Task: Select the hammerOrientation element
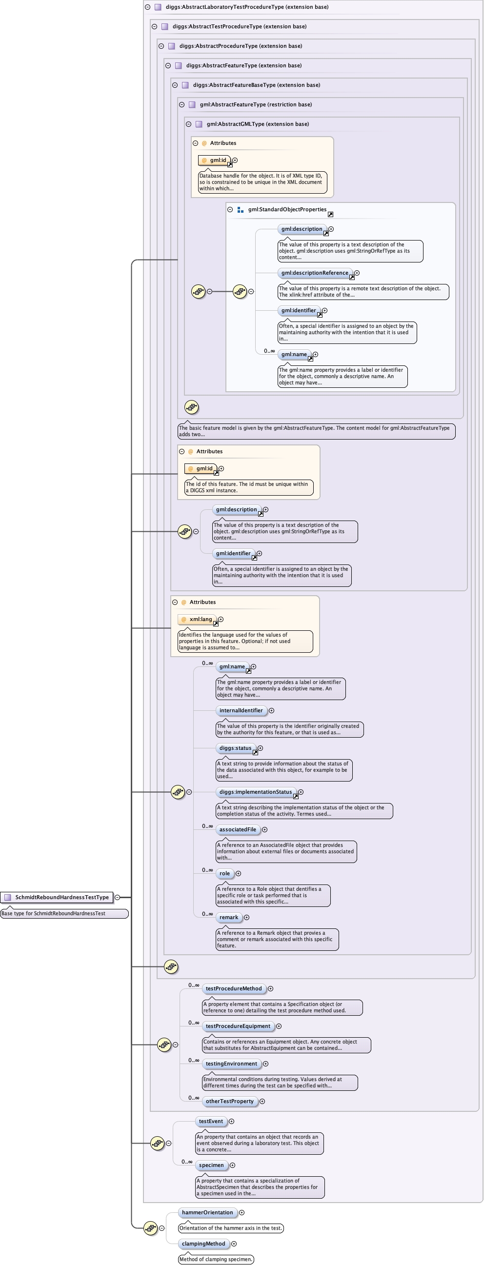pyautogui.click(x=207, y=1212)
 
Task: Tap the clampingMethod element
pyautogui.click(x=203, y=1244)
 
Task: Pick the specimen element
pyautogui.click(x=211, y=1165)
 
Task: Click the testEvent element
pyautogui.click(x=211, y=1121)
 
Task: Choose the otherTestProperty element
pyautogui.click(x=229, y=1101)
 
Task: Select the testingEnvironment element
pyautogui.click(x=231, y=1064)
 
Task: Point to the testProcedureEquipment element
pyautogui.click(x=238, y=1025)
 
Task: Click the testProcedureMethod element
pyautogui.click(x=233, y=988)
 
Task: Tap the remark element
pyautogui.click(x=228, y=917)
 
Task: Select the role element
pyautogui.click(x=224, y=873)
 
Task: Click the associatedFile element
pyautogui.click(x=238, y=829)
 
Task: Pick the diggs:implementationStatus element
pyautogui.click(x=256, y=792)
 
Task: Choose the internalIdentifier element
pyautogui.click(x=241, y=710)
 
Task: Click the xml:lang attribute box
pyautogui.click(x=198, y=619)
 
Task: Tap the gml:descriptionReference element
pyautogui.click(x=315, y=273)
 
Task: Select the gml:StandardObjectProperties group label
pyautogui.click(x=287, y=209)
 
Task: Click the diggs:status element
pyautogui.click(x=235, y=748)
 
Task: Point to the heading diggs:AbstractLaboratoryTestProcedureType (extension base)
pyautogui.click(x=247, y=7)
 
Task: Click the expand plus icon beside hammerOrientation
pyautogui.click(x=242, y=1212)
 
